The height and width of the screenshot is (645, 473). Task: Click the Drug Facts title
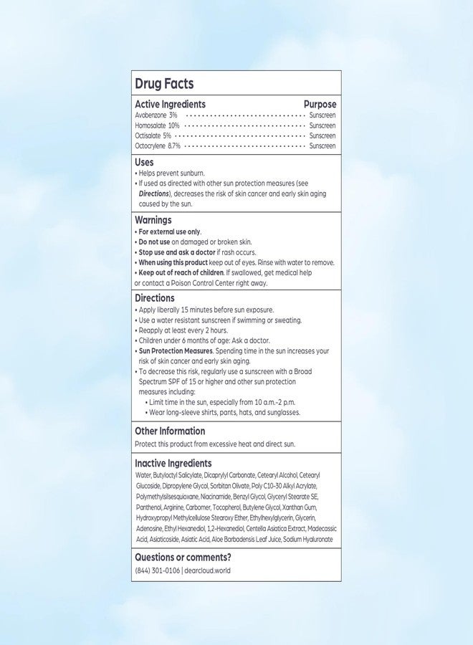pos(164,85)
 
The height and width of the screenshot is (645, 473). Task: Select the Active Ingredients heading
pos(170,105)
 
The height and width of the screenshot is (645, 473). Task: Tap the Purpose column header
pos(320,105)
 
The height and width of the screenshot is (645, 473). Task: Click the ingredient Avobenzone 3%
pos(156,115)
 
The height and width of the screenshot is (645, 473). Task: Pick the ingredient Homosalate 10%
pos(157,125)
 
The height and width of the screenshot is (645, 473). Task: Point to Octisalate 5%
pos(153,135)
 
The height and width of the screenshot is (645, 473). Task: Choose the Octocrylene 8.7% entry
pos(158,146)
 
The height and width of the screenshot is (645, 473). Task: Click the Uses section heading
pos(144,163)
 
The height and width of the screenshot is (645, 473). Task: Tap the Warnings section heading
pos(153,221)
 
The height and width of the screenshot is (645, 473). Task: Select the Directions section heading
pos(154,298)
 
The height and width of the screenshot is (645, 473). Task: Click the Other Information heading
pos(170,431)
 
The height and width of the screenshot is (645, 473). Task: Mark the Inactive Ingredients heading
pos(173,464)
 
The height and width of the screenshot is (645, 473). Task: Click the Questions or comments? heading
pos(183,557)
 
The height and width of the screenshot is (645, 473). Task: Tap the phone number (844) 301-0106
pos(157,570)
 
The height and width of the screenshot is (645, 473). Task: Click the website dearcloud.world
pos(208,570)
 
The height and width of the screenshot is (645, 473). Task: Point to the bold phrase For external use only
pos(170,232)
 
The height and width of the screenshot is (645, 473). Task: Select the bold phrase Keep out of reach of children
pos(181,273)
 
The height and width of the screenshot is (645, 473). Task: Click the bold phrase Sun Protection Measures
pos(176,351)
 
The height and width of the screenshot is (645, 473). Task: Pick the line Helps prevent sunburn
pos(172,173)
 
